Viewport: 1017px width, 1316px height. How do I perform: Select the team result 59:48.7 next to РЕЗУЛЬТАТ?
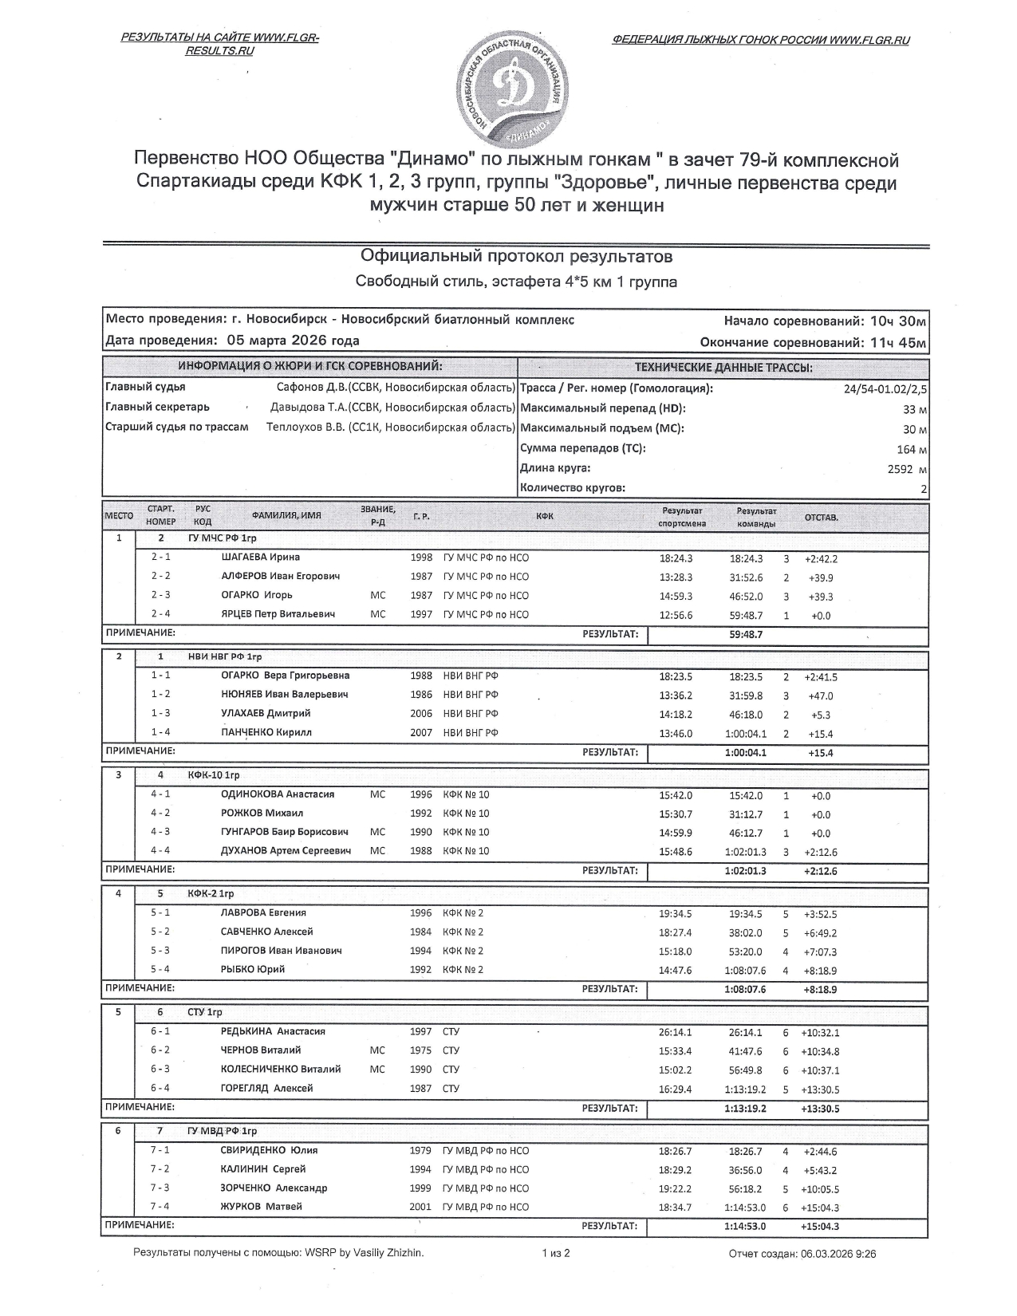[746, 635]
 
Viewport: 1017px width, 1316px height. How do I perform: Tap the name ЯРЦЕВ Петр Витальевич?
[278, 614]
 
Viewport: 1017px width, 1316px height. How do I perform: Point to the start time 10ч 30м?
[898, 321]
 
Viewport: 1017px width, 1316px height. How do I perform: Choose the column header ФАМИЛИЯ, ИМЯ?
[286, 515]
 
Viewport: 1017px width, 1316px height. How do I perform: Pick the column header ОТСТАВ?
[821, 518]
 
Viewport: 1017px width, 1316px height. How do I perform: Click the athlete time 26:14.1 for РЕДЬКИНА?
[675, 1032]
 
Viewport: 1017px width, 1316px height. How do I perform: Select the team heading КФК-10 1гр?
[214, 775]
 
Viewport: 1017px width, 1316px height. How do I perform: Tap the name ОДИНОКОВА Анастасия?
[277, 794]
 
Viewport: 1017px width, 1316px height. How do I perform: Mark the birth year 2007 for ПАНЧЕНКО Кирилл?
[421, 733]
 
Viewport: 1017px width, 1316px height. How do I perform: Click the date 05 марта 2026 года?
[293, 341]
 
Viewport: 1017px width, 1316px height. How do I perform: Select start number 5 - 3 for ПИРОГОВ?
[160, 951]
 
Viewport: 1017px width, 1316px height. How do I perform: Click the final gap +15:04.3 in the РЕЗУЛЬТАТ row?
[820, 1227]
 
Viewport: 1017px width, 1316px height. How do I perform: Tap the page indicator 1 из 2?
[556, 1253]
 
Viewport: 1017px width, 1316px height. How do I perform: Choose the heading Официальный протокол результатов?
[516, 256]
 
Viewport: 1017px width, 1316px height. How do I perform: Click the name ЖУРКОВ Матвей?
[261, 1207]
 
